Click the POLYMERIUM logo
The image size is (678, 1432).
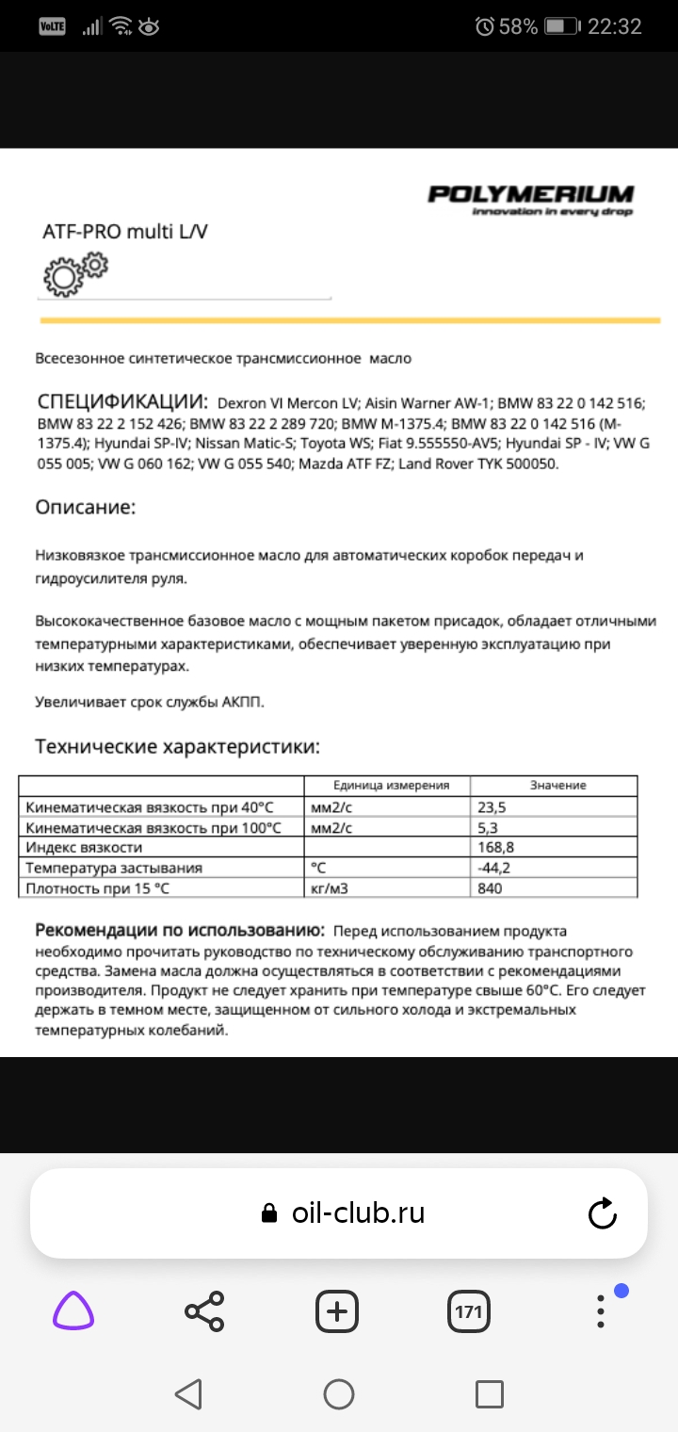point(530,199)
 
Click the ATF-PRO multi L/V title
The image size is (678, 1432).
point(124,231)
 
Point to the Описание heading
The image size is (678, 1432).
point(86,508)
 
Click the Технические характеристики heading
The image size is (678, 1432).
point(177,747)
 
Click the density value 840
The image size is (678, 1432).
point(491,887)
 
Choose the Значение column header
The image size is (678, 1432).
point(557,786)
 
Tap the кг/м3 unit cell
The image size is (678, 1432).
point(331,887)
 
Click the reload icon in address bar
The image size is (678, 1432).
point(603,1213)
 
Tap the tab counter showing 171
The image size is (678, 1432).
point(468,1311)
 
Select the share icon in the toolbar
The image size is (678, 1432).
point(204,1311)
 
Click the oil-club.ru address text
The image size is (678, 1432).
point(358,1213)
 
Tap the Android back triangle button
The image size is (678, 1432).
point(188,1394)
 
